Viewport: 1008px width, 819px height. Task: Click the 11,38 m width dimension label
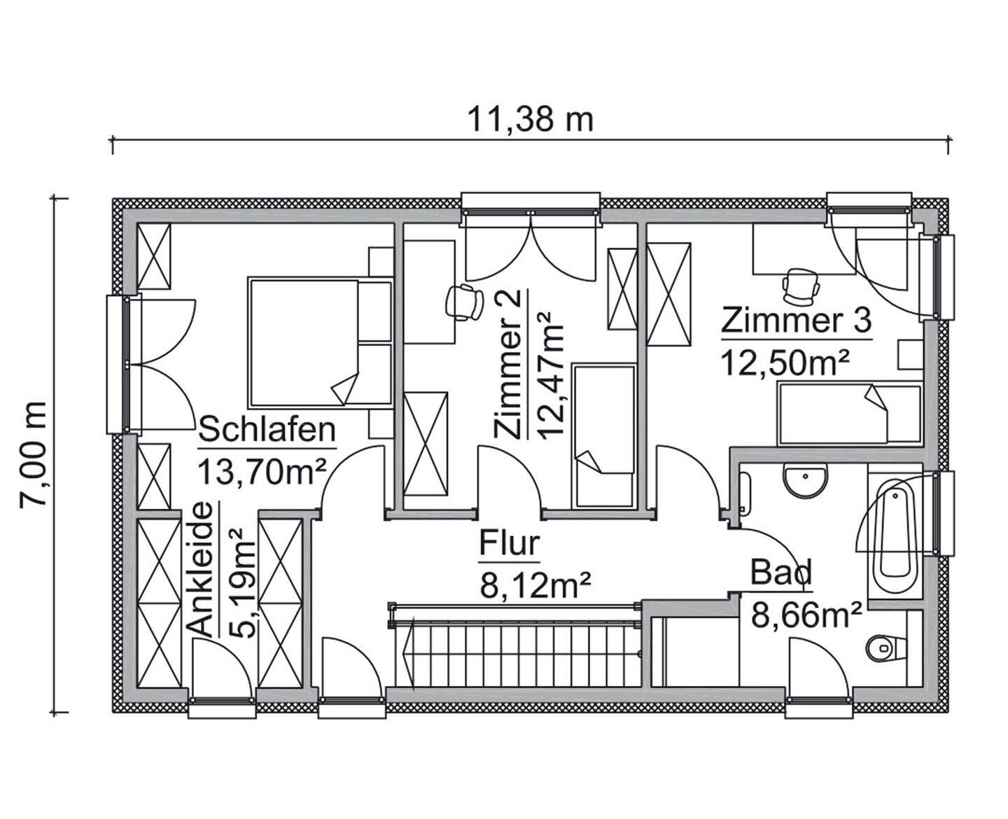tap(530, 120)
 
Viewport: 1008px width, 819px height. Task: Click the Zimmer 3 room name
tap(797, 321)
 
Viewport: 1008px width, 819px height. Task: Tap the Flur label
tap(509, 544)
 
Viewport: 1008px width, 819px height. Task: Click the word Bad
tap(781, 572)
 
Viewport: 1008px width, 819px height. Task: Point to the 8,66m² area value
tap(806, 615)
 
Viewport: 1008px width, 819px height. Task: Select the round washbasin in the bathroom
tap(806, 482)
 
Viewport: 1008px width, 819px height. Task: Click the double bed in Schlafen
tap(319, 342)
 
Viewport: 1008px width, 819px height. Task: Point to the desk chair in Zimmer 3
tap(799, 285)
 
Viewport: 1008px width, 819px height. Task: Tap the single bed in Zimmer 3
tap(849, 413)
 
